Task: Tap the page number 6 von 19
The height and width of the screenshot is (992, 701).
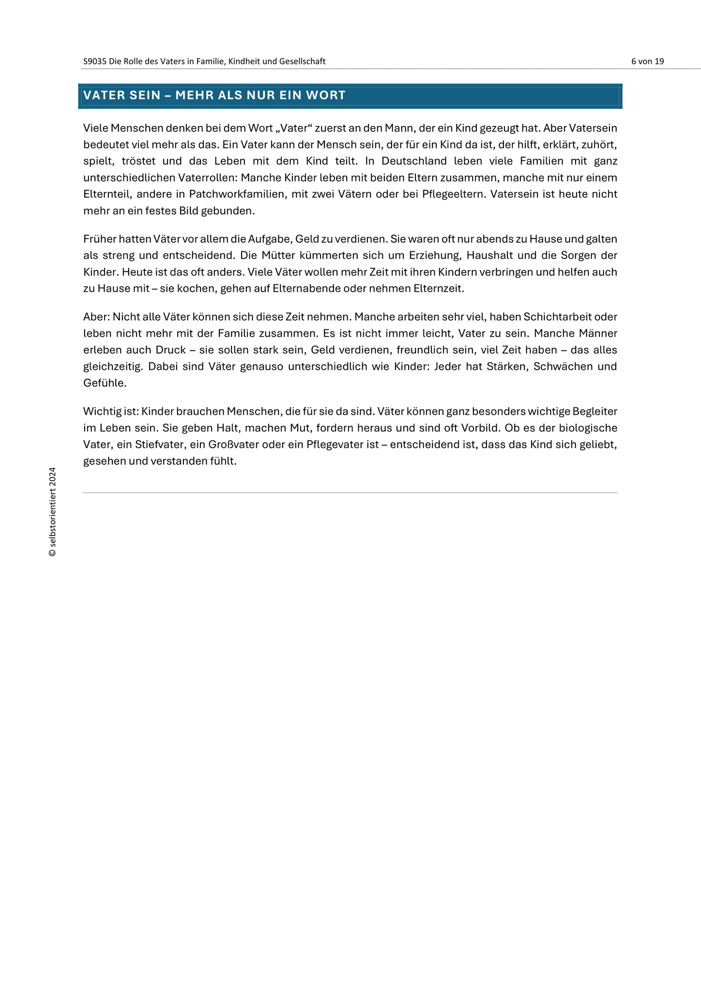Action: coord(647,62)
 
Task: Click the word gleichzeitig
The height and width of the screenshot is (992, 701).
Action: coord(113,367)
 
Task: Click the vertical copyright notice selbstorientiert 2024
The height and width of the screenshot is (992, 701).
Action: coord(52,512)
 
